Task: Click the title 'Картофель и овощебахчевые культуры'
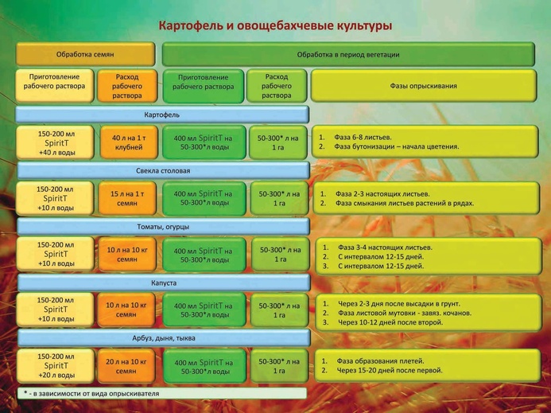(x=275, y=25)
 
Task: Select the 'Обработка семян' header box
(x=85, y=54)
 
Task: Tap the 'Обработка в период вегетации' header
(x=348, y=54)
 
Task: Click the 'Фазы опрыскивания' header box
(x=424, y=86)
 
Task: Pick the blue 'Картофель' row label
(x=162, y=115)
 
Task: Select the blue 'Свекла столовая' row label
(x=163, y=170)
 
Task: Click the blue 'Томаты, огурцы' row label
(x=163, y=227)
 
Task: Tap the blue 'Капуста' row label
(x=164, y=282)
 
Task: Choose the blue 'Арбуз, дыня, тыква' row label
(x=164, y=338)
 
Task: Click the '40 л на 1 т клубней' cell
(x=129, y=142)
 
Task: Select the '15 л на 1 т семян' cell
(x=127, y=198)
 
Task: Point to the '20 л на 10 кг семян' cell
(x=126, y=366)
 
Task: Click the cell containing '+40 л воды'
(x=55, y=142)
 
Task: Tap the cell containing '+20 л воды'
(x=56, y=366)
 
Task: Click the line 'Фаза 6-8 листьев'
(x=363, y=137)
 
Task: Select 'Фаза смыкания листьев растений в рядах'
(x=405, y=203)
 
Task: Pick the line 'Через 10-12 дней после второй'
(x=390, y=322)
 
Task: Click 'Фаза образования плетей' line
(x=381, y=361)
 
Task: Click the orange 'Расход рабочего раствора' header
(x=127, y=86)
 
